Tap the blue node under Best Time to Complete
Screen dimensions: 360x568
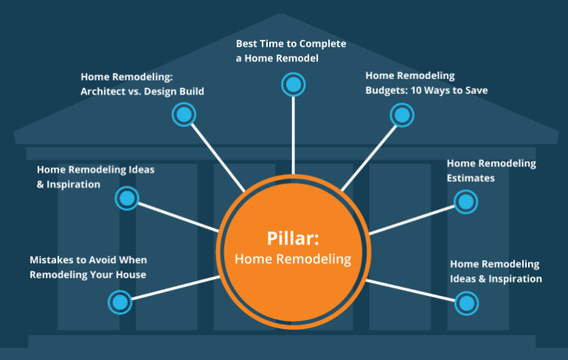[294, 84]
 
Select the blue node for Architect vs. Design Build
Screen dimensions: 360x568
[183, 115]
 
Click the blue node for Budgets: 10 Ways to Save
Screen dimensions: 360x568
[401, 115]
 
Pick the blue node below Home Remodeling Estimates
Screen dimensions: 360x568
[465, 201]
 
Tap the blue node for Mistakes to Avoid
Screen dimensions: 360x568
[119, 301]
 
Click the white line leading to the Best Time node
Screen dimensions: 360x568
[294, 133]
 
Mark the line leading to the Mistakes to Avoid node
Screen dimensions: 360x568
[174, 288]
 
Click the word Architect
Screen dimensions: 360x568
[104, 92]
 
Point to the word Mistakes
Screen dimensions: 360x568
[53, 260]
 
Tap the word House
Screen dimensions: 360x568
[129, 275]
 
